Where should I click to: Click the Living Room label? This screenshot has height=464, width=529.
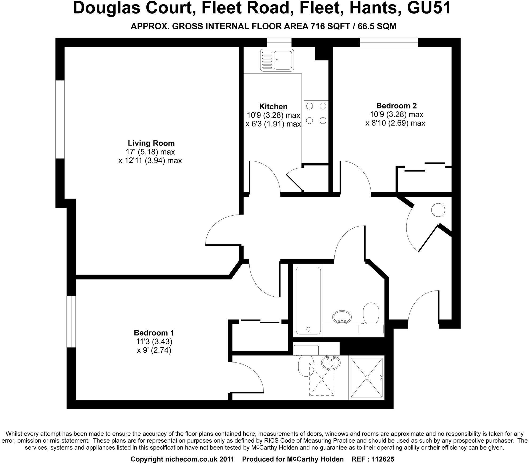[x=151, y=143]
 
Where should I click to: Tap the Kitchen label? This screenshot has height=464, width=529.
[x=273, y=107]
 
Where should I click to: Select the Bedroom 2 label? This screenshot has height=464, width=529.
[x=396, y=106]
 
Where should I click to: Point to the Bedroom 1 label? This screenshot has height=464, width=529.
[x=154, y=333]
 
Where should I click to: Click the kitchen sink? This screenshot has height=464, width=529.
[x=277, y=60]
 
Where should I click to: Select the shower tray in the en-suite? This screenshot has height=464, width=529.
[x=367, y=378]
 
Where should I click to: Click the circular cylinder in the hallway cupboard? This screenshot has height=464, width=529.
[x=438, y=210]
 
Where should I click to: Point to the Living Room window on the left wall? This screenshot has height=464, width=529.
[x=60, y=119]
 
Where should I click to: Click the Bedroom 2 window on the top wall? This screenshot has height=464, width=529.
[x=389, y=42]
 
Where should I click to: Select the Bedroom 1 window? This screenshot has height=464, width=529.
[x=71, y=322]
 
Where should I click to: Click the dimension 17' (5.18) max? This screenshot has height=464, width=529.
[x=150, y=152]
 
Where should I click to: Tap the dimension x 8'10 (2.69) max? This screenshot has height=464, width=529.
[x=395, y=123]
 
